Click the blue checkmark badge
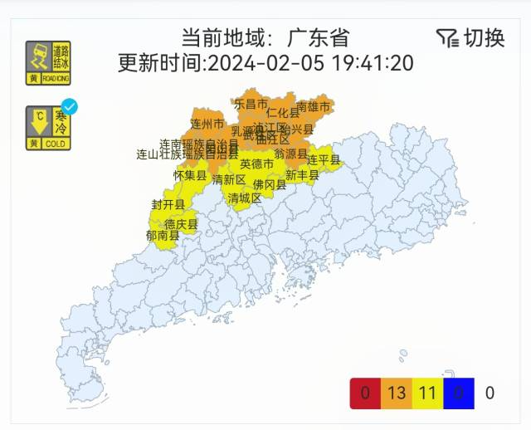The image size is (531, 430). tap(71, 106)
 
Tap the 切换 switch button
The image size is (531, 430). tap(484, 37)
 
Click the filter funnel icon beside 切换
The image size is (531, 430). tap(446, 37)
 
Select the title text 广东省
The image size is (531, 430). tap(319, 38)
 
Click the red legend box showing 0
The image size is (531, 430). tap(366, 393)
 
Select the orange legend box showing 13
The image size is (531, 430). tap(396, 393)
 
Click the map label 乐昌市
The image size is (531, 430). tap(251, 104)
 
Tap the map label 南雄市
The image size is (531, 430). tap(313, 106)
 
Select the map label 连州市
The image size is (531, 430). tap(207, 124)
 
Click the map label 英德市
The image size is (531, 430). tap(256, 164)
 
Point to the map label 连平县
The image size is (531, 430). tap(323, 159)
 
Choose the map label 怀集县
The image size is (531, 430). tap(190, 176)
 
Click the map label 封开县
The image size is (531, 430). tap(168, 204)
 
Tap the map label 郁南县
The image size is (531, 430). tap(163, 235)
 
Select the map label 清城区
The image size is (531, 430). tap(245, 198)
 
